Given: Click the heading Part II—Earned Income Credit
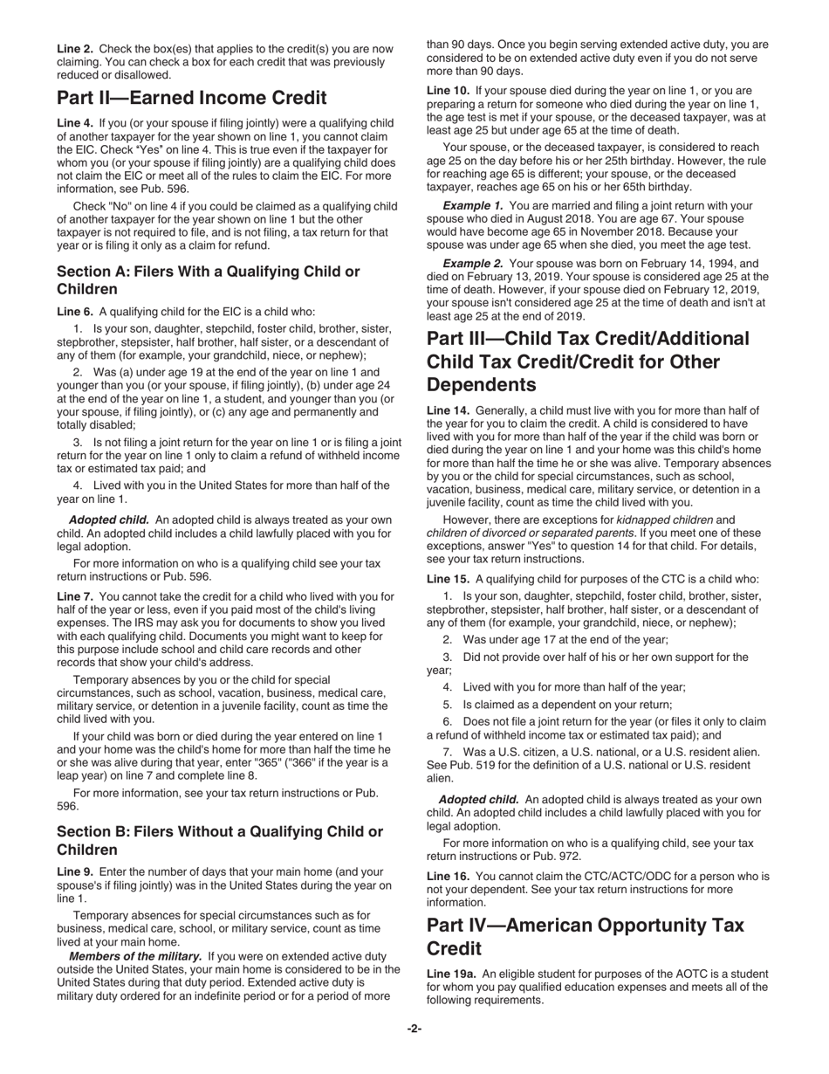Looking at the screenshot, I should [192, 98].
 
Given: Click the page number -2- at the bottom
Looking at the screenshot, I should [414, 1029].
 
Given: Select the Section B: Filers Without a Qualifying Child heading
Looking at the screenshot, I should [219, 840].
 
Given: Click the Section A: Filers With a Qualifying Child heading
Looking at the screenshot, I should [208, 280].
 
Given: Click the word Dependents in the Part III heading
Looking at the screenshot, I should [481, 384].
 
